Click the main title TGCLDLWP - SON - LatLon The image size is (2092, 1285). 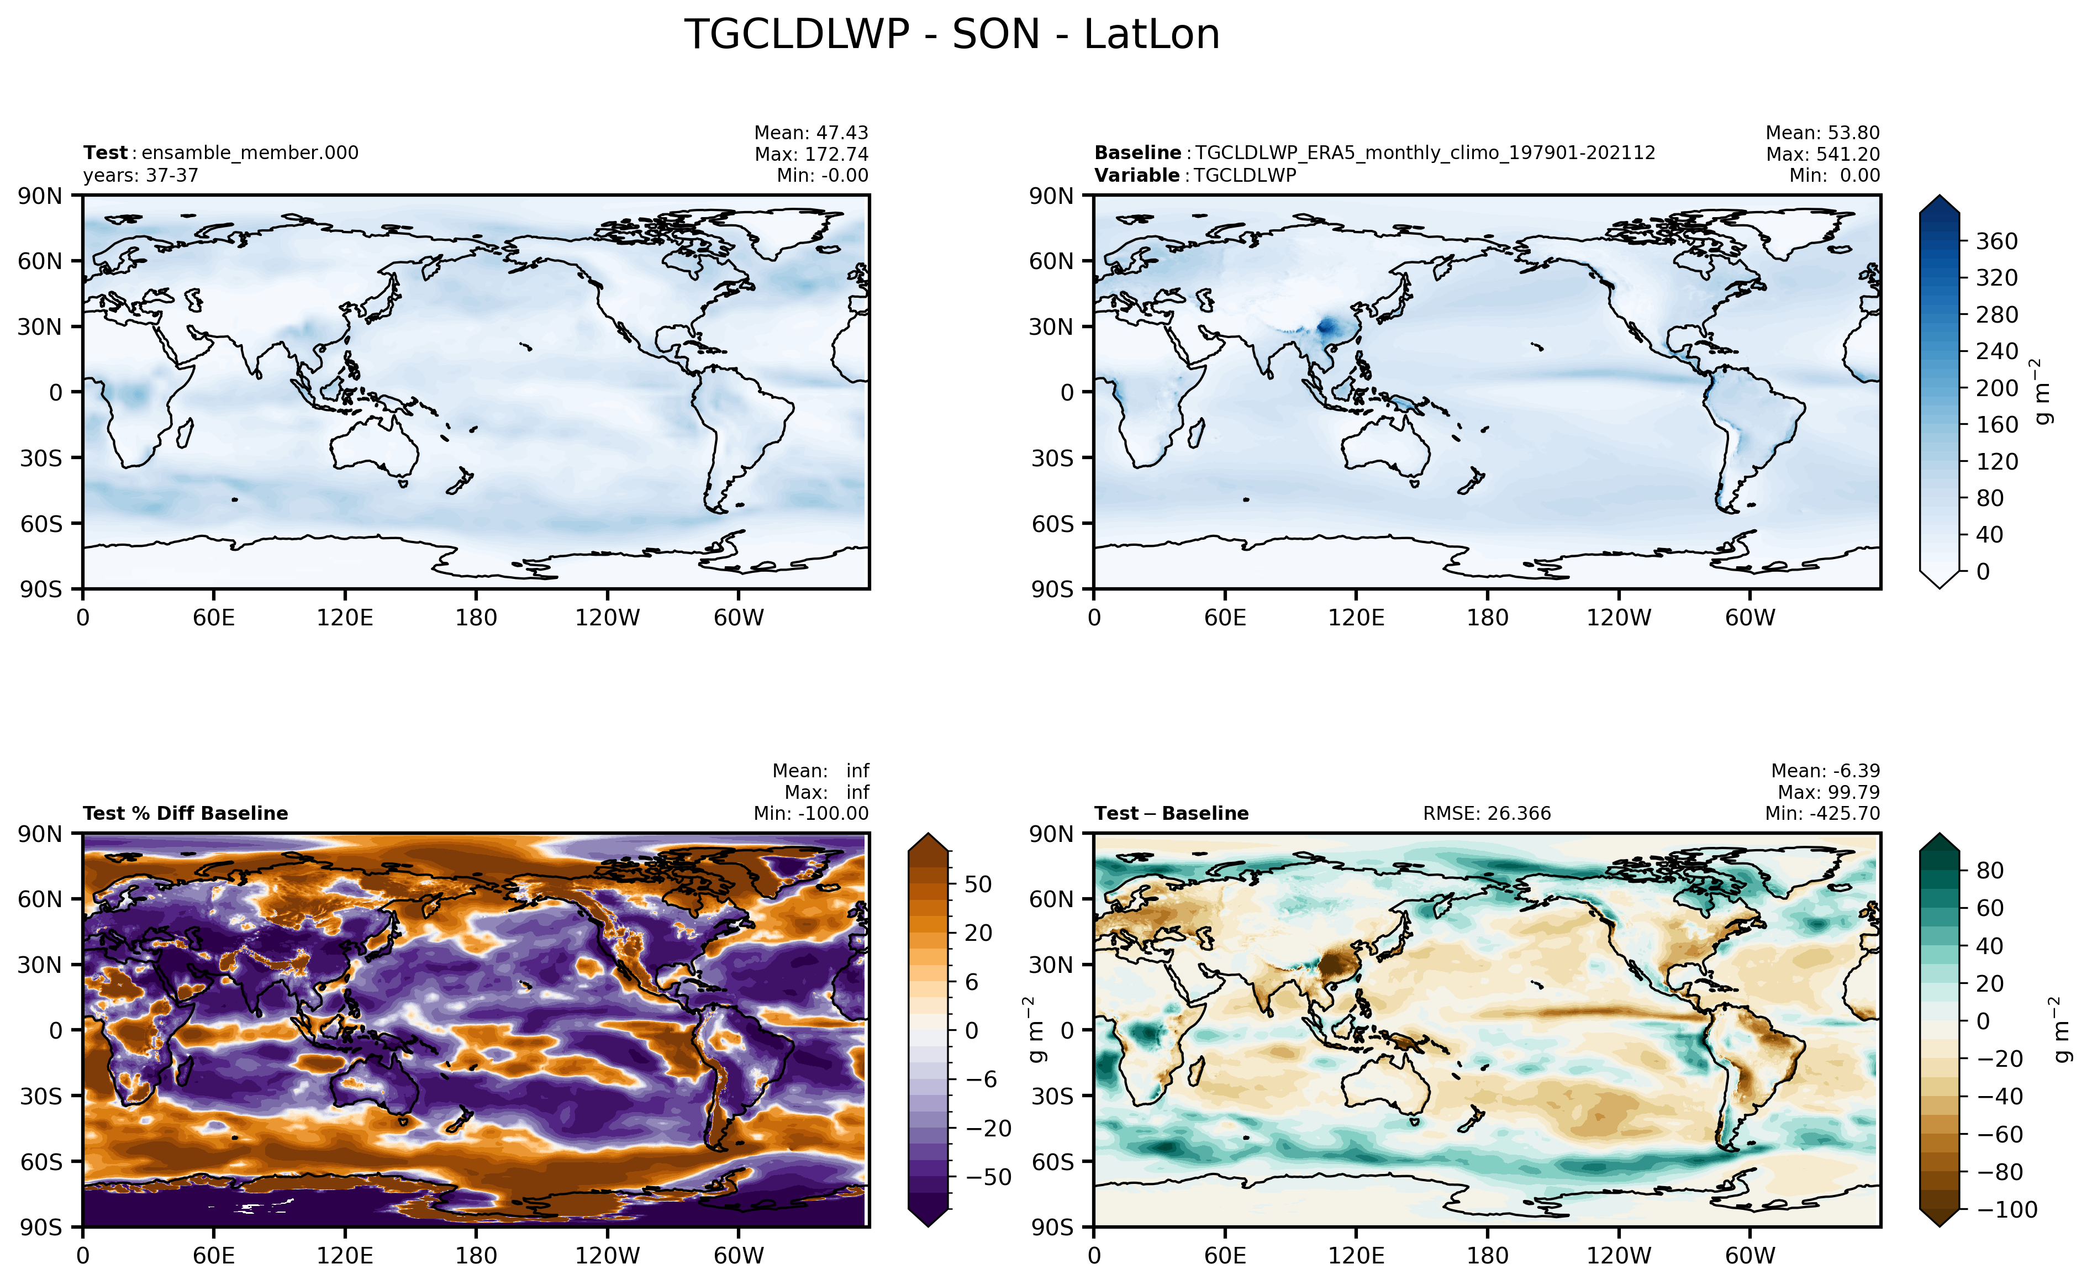pos(952,35)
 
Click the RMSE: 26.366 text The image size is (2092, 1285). pos(1487,813)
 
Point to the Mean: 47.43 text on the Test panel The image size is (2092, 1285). pos(811,133)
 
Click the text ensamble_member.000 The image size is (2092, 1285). pos(250,153)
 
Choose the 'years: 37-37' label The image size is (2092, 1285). pos(141,176)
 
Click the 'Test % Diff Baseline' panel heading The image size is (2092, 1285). pos(185,813)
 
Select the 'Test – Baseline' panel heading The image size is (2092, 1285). pos(1172,813)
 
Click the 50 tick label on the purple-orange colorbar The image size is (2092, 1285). pos(978,884)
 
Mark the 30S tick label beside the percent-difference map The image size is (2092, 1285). pos(41,1096)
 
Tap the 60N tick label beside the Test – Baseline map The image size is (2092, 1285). pos(1052,899)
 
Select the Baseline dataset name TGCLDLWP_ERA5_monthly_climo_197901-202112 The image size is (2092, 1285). pos(1425,153)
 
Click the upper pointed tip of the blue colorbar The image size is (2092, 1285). pos(1940,196)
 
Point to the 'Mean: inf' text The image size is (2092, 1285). pos(820,771)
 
